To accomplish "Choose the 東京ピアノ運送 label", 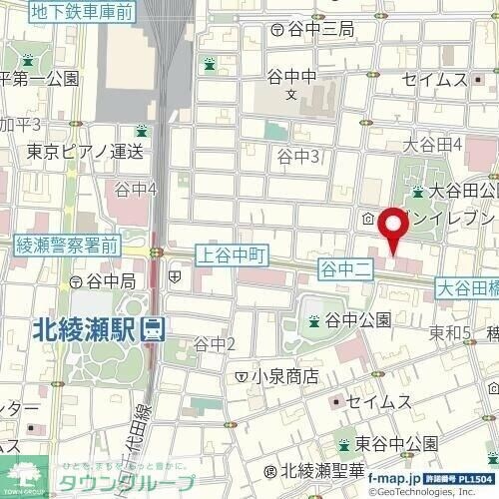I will tap(85, 152).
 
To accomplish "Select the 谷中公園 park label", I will tap(356, 320).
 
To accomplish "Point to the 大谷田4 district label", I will tap(432, 145).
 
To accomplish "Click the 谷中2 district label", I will tap(214, 344).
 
